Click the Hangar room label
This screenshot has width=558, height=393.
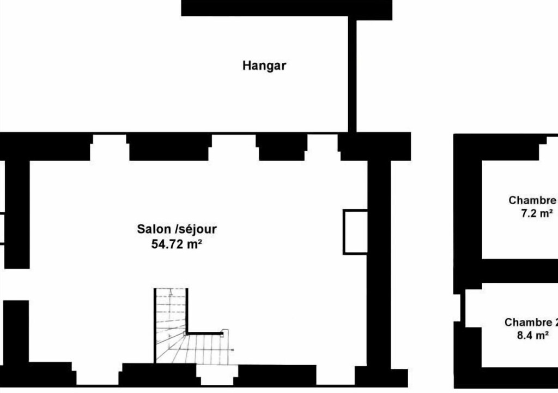(264, 66)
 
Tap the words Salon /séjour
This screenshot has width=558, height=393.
(177, 229)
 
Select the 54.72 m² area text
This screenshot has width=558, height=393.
(177, 245)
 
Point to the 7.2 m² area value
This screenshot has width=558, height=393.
(537, 213)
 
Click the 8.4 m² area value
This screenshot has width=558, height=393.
(532, 335)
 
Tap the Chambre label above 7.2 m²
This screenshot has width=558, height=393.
(533, 200)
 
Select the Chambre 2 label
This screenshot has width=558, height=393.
(531, 323)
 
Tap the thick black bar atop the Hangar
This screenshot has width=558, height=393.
(287, 8)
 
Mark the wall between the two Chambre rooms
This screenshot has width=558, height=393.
(519, 271)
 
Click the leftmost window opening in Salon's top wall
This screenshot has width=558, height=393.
(109, 147)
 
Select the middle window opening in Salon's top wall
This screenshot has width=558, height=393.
(233, 147)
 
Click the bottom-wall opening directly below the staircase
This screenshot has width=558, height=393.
(217, 375)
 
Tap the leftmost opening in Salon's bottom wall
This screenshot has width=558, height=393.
(97, 374)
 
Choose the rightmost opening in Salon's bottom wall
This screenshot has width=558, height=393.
(335, 375)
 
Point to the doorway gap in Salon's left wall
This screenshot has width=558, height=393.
(16, 284)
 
